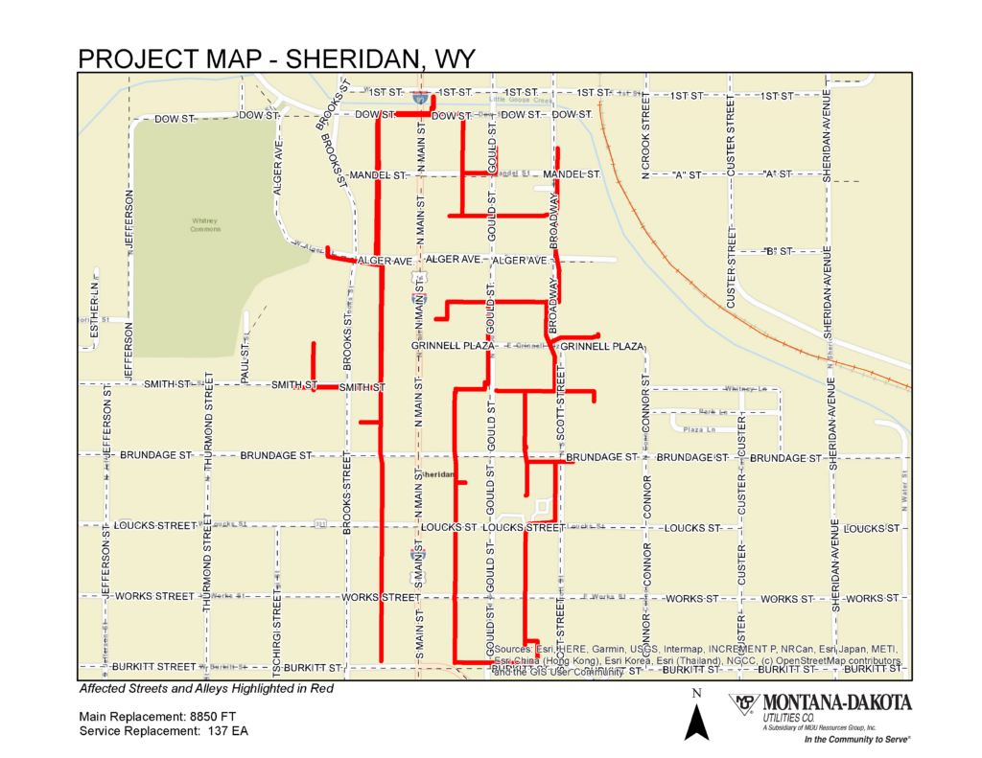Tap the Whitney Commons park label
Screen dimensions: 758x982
(x=206, y=225)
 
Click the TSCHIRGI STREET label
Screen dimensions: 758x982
(x=277, y=628)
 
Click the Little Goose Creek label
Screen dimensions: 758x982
(x=522, y=100)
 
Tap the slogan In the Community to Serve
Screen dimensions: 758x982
(x=856, y=741)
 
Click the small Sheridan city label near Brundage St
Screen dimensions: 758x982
(x=438, y=474)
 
